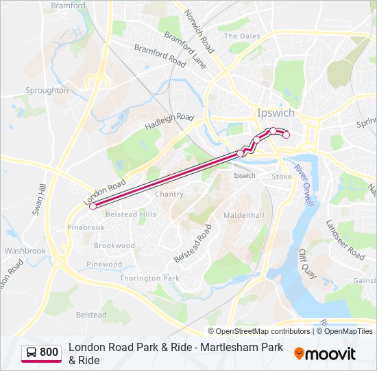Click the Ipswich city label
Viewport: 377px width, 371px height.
coord(276,113)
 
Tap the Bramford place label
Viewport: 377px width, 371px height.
coord(68,5)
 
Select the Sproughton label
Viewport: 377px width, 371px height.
coord(47,90)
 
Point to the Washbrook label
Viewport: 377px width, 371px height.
coord(25,251)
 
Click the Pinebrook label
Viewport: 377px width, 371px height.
coord(86,227)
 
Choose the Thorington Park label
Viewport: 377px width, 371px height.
coord(149,278)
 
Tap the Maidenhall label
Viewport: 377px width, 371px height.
coord(244,215)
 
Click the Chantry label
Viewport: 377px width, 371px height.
coord(169,194)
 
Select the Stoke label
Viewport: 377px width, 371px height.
coord(282,177)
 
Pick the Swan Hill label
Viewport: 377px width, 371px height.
coord(38,200)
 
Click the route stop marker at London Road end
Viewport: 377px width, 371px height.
coord(93,205)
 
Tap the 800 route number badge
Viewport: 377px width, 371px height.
coord(41,352)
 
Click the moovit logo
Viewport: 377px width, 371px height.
coord(325,354)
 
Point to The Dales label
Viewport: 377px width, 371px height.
coord(242,36)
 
